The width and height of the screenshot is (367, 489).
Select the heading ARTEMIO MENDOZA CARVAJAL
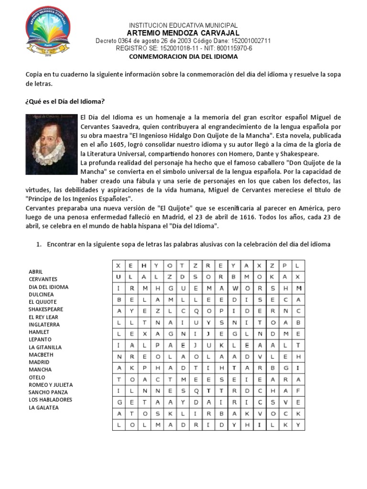(x=183, y=32)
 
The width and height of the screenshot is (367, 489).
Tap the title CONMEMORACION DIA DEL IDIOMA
(x=183, y=56)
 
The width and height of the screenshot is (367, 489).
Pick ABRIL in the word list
(x=36, y=272)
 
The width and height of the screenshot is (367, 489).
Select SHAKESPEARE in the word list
(x=46, y=309)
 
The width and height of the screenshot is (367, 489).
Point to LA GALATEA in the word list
(x=43, y=407)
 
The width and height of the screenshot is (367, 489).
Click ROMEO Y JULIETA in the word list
(x=51, y=385)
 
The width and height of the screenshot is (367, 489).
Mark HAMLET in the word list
(x=39, y=332)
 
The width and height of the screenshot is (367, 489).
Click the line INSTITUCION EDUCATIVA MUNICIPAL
(x=183, y=25)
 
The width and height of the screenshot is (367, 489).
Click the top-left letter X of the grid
(x=118, y=265)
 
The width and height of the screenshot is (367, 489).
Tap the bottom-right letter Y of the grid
(x=298, y=424)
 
